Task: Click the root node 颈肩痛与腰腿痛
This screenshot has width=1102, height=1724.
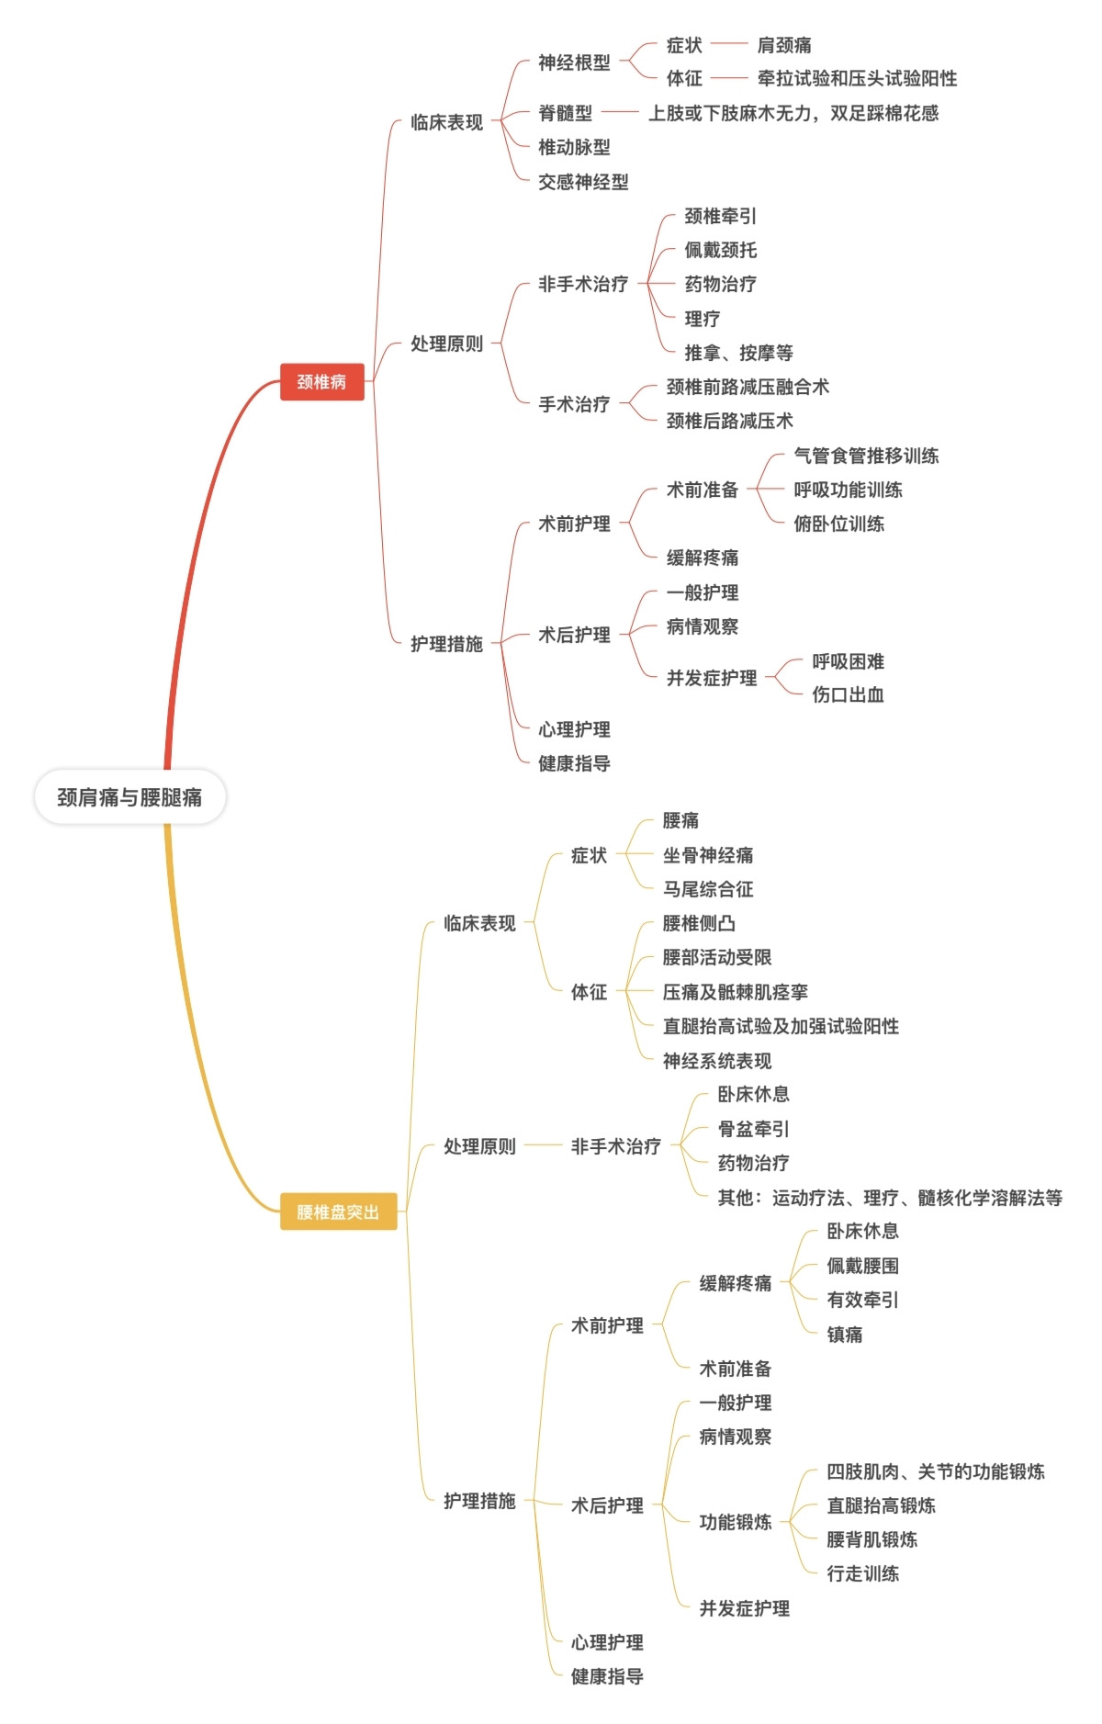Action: tap(129, 796)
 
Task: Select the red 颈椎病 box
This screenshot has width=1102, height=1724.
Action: tap(321, 381)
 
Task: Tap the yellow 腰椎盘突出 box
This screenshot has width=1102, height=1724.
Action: tap(337, 1211)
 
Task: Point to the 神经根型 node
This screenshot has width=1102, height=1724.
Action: tap(574, 62)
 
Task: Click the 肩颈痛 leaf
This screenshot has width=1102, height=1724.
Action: tap(783, 45)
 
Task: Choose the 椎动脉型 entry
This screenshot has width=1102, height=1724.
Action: tap(574, 147)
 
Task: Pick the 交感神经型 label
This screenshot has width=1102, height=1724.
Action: tap(583, 182)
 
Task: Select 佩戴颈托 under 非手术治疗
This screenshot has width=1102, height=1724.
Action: tap(720, 250)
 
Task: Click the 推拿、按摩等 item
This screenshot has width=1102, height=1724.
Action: tap(738, 353)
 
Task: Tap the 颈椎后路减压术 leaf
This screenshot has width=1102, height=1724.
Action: tap(729, 421)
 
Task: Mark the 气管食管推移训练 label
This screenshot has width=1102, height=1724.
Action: tap(865, 456)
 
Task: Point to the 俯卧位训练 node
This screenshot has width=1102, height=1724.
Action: tap(838, 524)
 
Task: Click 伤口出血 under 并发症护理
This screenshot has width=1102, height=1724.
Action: tap(848, 694)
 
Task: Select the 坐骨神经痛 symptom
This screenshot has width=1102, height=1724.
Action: tap(707, 855)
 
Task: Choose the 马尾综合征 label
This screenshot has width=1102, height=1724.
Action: tap(707, 889)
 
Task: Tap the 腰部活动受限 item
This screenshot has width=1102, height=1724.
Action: tap(716, 957)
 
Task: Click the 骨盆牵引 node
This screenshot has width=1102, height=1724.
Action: tap(753, 1129)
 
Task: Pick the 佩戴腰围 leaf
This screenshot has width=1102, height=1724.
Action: tap(862, 1266)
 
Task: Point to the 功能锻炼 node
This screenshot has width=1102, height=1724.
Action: tap(735, 1522)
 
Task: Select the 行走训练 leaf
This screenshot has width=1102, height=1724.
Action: tap(862, 1573)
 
